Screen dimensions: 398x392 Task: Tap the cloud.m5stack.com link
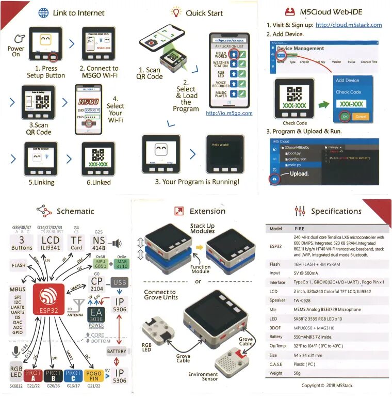[x=348, y=25]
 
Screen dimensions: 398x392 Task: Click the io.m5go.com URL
[x=229, y=113]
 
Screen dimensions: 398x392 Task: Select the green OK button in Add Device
[x=345, y=117]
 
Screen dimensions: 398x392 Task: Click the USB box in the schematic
[x=120, y=282]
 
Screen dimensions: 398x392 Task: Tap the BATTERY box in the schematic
[x=117, y=352]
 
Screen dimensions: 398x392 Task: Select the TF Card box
[x=76, y=244]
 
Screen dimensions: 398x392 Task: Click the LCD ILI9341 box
[x=50, y=244]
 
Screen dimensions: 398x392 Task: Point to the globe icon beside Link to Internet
[x=44, y=13]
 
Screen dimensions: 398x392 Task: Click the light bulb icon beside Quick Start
[x=176, y=12]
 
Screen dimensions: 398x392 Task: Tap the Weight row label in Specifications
[x=276, y=373]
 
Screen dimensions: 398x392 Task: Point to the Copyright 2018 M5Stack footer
[x=329, y=386]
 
